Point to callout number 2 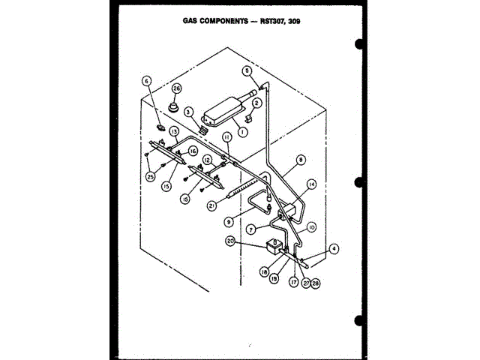[x=256, y=102]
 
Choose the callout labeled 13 [x=173, y=131]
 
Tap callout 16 [x=193, y=151]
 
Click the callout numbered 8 [x=301, y=159]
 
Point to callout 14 [x=310, y=184]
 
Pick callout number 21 [x=213, y=204]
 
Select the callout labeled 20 [x=232, y=241]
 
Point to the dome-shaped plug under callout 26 [x=176, y=106]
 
